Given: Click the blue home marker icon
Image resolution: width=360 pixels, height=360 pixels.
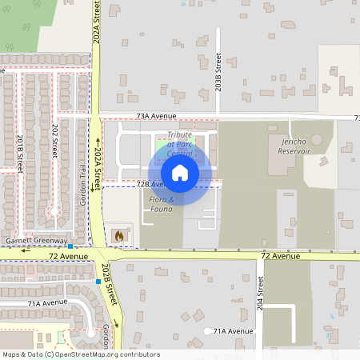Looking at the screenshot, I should (x=180, y=173).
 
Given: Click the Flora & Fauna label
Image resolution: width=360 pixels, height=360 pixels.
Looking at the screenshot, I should (x=162, y=204).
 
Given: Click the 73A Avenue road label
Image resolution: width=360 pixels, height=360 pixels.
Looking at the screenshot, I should (x=155, y=117).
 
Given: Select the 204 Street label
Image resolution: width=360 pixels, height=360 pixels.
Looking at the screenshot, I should (x=260, y=294).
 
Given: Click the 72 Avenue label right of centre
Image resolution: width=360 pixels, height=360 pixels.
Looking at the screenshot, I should (x=280, y=256).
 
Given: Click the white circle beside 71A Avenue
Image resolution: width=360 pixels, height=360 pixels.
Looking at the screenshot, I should (x=208, y=331).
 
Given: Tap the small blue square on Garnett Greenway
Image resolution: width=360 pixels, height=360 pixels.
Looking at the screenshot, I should (x=70, y=246).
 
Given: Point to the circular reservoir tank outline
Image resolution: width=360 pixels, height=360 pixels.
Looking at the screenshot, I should (x=318, y=139).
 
